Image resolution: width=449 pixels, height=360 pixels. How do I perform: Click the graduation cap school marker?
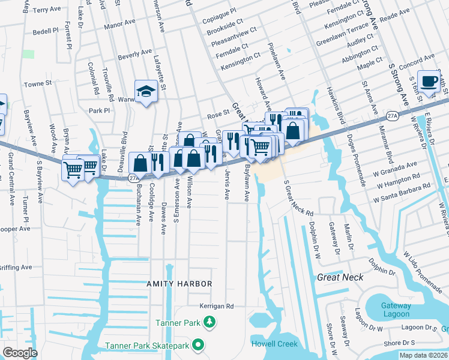tap(145, 91)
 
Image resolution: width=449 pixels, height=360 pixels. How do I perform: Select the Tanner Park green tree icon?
tap(209, 323)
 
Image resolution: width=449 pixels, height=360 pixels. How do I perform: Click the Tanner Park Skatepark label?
tap(147, 346)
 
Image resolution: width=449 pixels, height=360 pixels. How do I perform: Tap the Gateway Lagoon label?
tap(396, 310)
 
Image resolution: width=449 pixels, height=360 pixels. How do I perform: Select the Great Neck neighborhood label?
tap(340, 277)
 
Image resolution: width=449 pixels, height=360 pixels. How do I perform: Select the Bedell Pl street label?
tap(46, 30)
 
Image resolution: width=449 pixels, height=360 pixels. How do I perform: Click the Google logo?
tap(20, 353)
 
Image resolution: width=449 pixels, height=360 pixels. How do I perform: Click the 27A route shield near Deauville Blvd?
tap(134, 177)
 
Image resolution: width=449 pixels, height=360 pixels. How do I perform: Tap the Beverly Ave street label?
tap(134, 54)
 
